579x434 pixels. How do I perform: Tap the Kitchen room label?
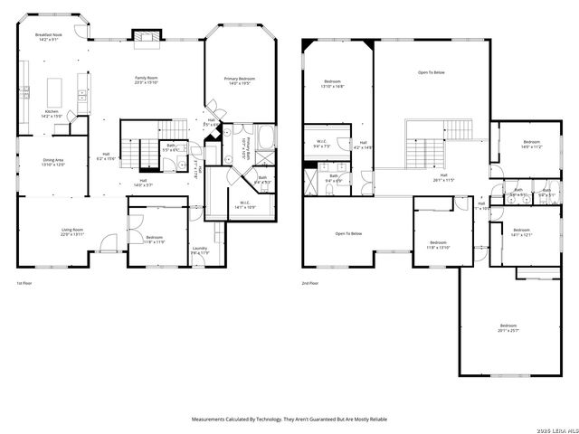52,114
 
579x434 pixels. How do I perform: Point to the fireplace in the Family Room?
145,35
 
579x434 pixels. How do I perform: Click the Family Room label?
147,81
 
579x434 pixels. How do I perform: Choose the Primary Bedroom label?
240,81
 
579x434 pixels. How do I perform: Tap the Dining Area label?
53,163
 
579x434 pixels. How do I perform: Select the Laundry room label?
200,250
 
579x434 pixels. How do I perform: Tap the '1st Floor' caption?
25,283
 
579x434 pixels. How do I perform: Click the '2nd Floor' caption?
310,283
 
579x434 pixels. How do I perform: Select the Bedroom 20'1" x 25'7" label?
508,327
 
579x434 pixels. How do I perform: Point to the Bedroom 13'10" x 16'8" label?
332,85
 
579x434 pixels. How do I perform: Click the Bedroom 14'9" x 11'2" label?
531,144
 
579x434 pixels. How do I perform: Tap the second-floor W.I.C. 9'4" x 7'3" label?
321,143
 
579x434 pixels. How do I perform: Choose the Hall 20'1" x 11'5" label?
443,177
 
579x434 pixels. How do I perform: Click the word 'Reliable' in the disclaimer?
376,420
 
